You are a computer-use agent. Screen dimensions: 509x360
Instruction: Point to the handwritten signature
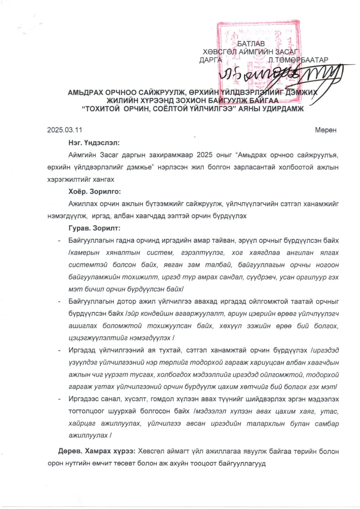click(x=281, y=74)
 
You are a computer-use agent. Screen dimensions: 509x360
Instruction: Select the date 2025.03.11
click(x=62, y=130)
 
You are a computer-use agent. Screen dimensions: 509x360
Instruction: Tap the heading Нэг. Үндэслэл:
click(x=94, y=142)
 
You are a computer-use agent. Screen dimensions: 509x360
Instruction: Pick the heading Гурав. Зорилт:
click(x=94, y=228)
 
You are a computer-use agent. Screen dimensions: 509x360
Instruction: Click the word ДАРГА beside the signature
click(x=211, y=60)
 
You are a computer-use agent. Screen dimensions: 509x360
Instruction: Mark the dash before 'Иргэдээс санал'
click(x=59, y=399)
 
